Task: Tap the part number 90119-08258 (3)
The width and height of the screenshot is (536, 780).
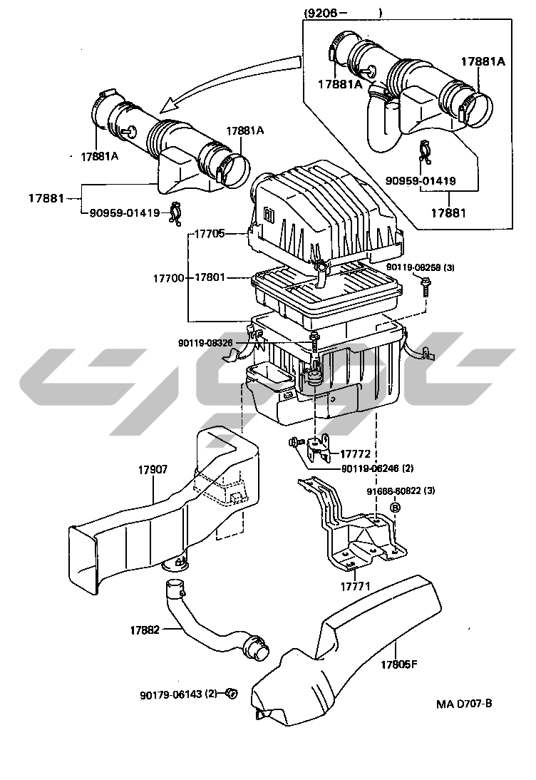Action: point(421,268)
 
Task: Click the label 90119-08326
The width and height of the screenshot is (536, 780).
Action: point(205,343)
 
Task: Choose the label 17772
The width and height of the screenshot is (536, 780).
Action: point(354,453)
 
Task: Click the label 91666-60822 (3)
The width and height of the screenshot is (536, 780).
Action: point(401,491)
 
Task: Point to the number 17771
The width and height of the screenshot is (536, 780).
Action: point(354,586)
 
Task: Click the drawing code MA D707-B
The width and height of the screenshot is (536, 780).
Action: point(464,704)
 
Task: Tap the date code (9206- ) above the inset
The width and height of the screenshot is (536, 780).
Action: point(343,13)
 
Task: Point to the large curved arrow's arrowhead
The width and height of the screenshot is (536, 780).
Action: point(165,108)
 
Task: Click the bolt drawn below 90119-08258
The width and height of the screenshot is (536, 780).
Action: point(425,287)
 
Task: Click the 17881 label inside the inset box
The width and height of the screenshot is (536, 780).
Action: point(450,212)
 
